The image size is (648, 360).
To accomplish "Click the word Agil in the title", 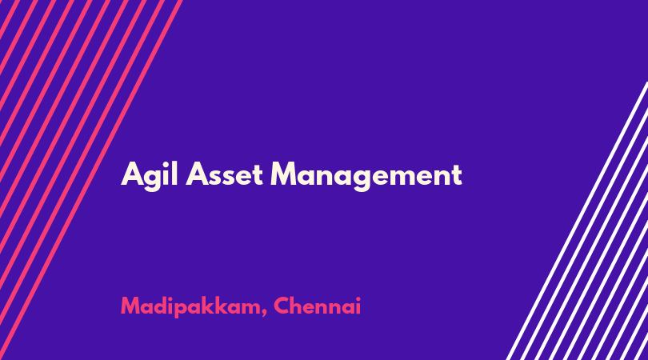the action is [150, 176].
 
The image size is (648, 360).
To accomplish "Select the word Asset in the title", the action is [225, 174].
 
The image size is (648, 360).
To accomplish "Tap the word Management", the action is [366, 176].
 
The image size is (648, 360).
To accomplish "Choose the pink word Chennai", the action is [317, 306].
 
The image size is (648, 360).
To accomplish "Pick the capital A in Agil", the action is [132, 174].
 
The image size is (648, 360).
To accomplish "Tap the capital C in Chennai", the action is [282, 306].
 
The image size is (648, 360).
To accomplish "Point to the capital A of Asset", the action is [196, 174].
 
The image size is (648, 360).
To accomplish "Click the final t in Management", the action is [456, 176].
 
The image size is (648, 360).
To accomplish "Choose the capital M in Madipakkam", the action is [130, 306].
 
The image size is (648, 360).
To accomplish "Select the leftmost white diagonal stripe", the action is [578, 221].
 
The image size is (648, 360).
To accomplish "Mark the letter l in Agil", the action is [175, 173].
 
